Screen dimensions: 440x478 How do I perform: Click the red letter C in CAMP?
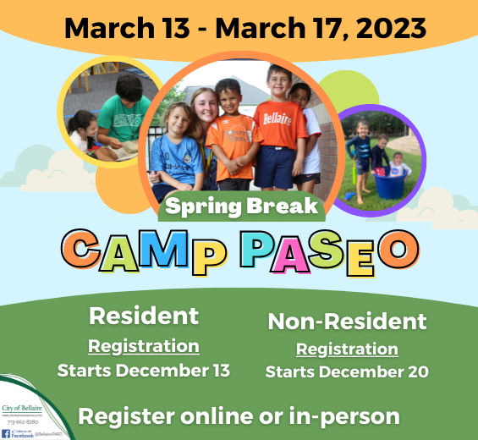(x=83, y=249)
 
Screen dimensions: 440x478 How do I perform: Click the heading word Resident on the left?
(x=144, y=316)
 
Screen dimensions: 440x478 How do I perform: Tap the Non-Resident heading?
(x=347, y=322)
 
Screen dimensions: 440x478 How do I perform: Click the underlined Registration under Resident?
(x=144, y=345)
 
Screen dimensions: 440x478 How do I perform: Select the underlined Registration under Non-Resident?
(x=347, y=349)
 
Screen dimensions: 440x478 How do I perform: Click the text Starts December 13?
(x=144, y=371)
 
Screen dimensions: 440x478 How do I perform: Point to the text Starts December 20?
(x=347, y=372)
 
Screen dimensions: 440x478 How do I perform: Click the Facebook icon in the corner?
(x=6, y=433)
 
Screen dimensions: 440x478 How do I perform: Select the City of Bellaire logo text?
(x=20, y=408)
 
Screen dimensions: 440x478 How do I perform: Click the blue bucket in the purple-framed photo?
(x=388, y=184)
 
